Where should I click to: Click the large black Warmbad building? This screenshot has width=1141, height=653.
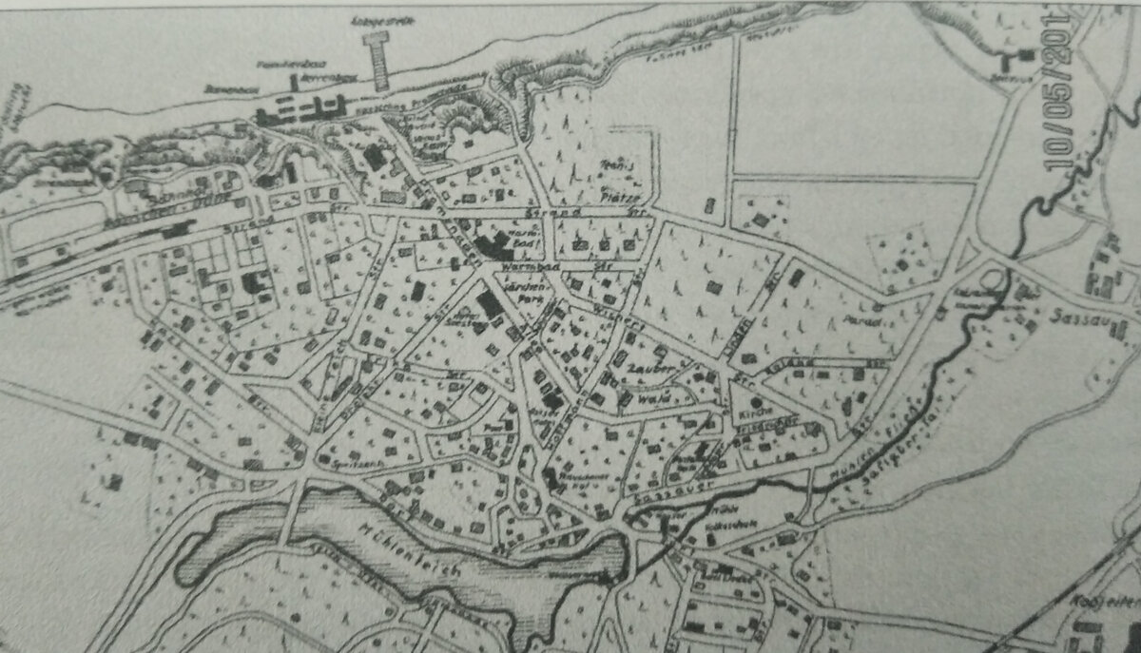tap(493, 246)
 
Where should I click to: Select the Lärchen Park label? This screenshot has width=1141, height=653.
tap(521, 289)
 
